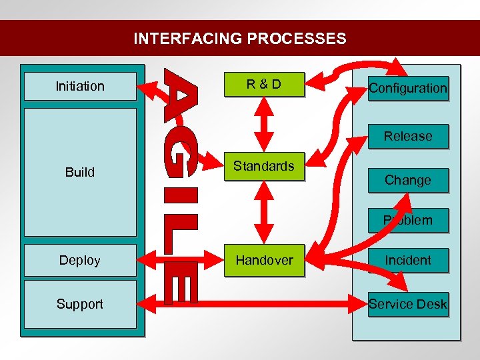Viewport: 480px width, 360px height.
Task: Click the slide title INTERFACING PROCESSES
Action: coord(240,39)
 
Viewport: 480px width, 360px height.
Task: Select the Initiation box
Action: coord(80,86)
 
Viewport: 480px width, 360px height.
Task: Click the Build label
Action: coord(80,172)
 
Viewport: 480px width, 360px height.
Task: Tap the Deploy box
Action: coord(80,260)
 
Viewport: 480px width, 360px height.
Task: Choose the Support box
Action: coord(80,304)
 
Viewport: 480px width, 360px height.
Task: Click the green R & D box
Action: coord(264,85)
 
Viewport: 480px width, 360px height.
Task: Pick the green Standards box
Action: coord(264,166)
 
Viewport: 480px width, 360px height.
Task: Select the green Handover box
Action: coord(264,260)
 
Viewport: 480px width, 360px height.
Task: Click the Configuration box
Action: coord(408,88)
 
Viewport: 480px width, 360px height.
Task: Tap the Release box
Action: coord(408,136)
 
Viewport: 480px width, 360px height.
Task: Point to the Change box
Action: coord(408,180)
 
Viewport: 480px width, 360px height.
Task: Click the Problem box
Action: coord(408,220)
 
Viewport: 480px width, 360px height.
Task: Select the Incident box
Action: coord(408,260)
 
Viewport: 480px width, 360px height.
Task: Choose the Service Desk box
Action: coord(408,305)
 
